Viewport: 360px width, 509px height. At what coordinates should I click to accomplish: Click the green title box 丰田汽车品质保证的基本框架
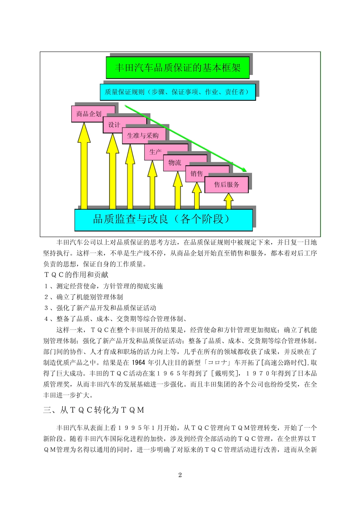177,68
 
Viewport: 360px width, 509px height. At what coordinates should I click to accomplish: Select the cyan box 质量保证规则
177,92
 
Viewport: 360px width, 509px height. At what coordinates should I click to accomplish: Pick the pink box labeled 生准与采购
143,136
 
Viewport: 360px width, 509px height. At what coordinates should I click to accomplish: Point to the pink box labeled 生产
155,152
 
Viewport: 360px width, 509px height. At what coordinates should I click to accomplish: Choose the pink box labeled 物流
175,163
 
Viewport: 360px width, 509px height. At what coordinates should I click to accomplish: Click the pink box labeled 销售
197,174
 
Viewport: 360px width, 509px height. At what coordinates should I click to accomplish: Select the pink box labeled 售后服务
227,185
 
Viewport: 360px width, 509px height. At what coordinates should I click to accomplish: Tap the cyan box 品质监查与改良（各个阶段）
163,220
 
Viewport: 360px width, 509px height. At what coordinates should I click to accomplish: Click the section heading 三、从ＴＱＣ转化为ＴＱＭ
94,410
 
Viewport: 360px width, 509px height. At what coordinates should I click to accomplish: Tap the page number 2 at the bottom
180,475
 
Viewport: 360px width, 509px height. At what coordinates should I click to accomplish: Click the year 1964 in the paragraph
139,362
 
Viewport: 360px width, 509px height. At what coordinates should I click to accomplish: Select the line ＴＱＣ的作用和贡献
76,275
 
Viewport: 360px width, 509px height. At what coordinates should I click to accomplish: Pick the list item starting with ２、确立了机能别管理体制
83,297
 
